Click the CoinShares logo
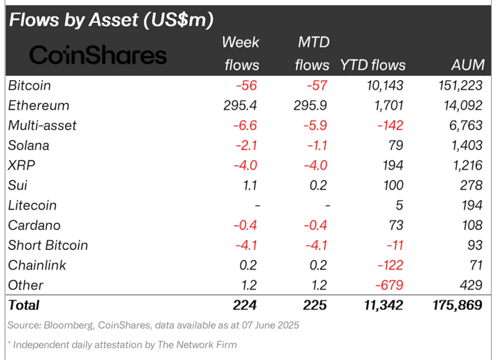tap(98, 55)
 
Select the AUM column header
tap(468, 65)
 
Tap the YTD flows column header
tap(373, 65)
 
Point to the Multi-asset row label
tap(42, 125)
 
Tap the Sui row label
tap(17, 185)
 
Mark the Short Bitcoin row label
tap(48, 245)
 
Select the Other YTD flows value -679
tap(390, 285)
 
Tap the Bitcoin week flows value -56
tap(247, 86)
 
